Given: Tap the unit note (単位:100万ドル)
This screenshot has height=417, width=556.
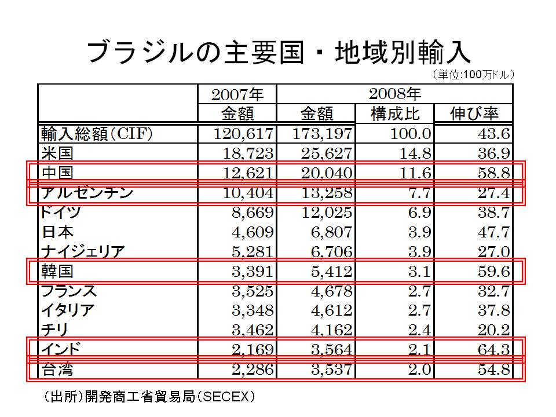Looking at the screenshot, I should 472,75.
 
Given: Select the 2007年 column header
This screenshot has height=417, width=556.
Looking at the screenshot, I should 237,94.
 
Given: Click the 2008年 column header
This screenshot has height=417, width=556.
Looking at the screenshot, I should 394,93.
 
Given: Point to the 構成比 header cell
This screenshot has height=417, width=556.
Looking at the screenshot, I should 394,113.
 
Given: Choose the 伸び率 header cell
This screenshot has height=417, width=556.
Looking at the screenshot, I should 474,113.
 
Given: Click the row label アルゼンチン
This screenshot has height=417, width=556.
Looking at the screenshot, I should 87,192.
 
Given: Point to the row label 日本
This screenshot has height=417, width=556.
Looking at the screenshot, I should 58,232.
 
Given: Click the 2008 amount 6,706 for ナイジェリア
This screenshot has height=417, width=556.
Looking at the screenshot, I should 328,252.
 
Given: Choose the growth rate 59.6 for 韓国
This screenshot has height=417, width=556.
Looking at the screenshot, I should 493,272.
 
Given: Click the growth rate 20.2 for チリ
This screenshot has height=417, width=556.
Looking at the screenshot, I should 493,330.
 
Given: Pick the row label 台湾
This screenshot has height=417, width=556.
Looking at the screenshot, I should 58,369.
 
